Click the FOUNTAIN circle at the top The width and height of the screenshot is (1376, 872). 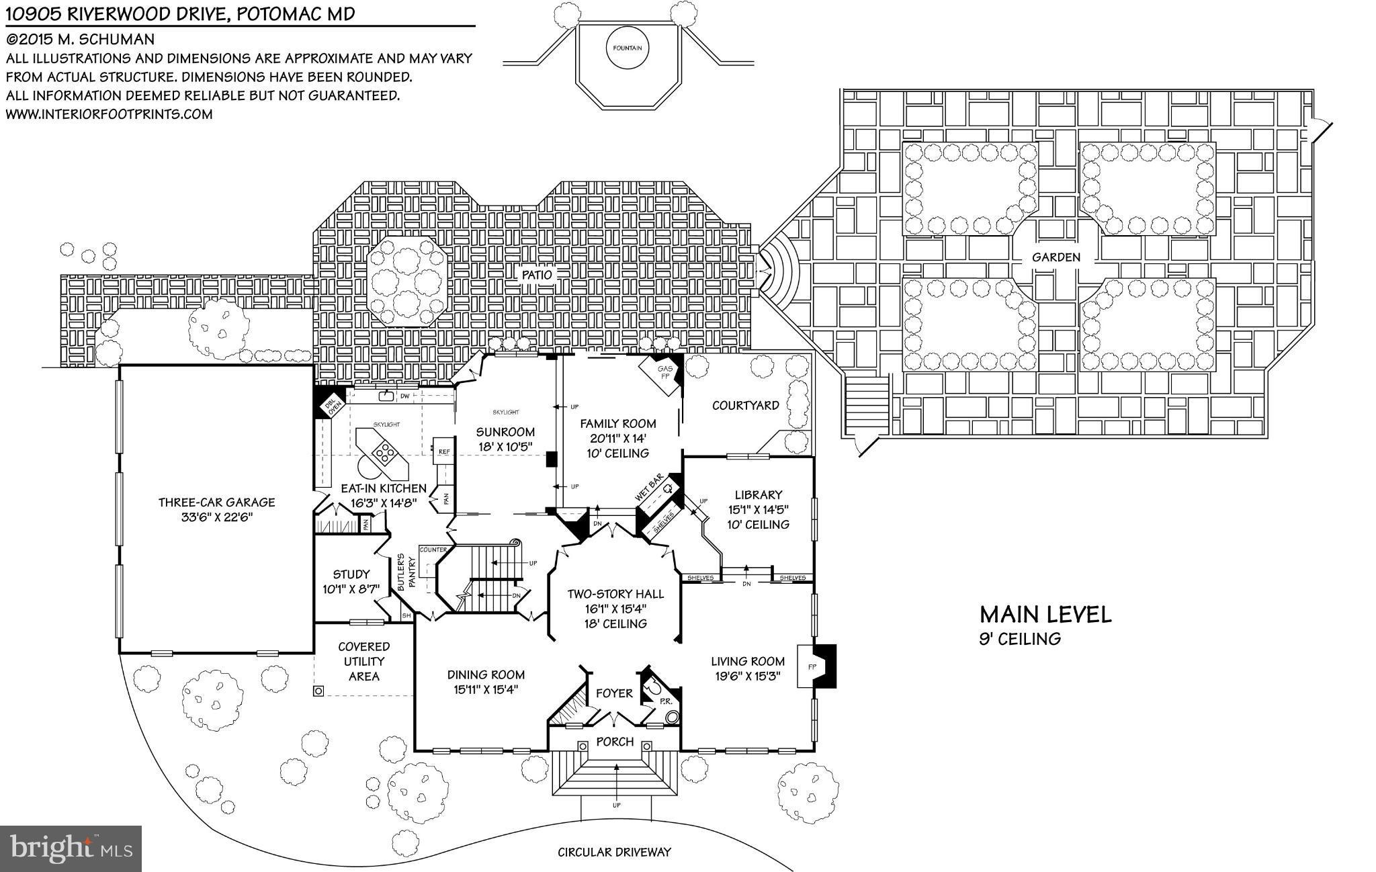[628, 48]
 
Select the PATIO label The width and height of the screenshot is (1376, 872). [537, 275]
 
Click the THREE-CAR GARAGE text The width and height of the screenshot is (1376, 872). [216, 503]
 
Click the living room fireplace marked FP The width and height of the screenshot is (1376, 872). [811, 667]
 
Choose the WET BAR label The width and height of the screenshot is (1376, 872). [649, 487]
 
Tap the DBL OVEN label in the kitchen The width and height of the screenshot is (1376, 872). [330, 404]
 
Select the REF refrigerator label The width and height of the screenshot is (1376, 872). [443, 452]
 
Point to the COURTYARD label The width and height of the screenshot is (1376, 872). [745, 406]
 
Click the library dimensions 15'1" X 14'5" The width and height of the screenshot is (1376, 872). [758, 510]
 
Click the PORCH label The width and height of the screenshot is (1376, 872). [615, 742]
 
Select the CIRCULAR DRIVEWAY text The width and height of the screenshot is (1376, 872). [614, 853]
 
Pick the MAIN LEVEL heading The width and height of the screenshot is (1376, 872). [1045, 614]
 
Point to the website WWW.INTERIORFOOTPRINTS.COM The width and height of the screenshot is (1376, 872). [110, 114]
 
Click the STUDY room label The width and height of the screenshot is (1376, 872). [351, 574]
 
